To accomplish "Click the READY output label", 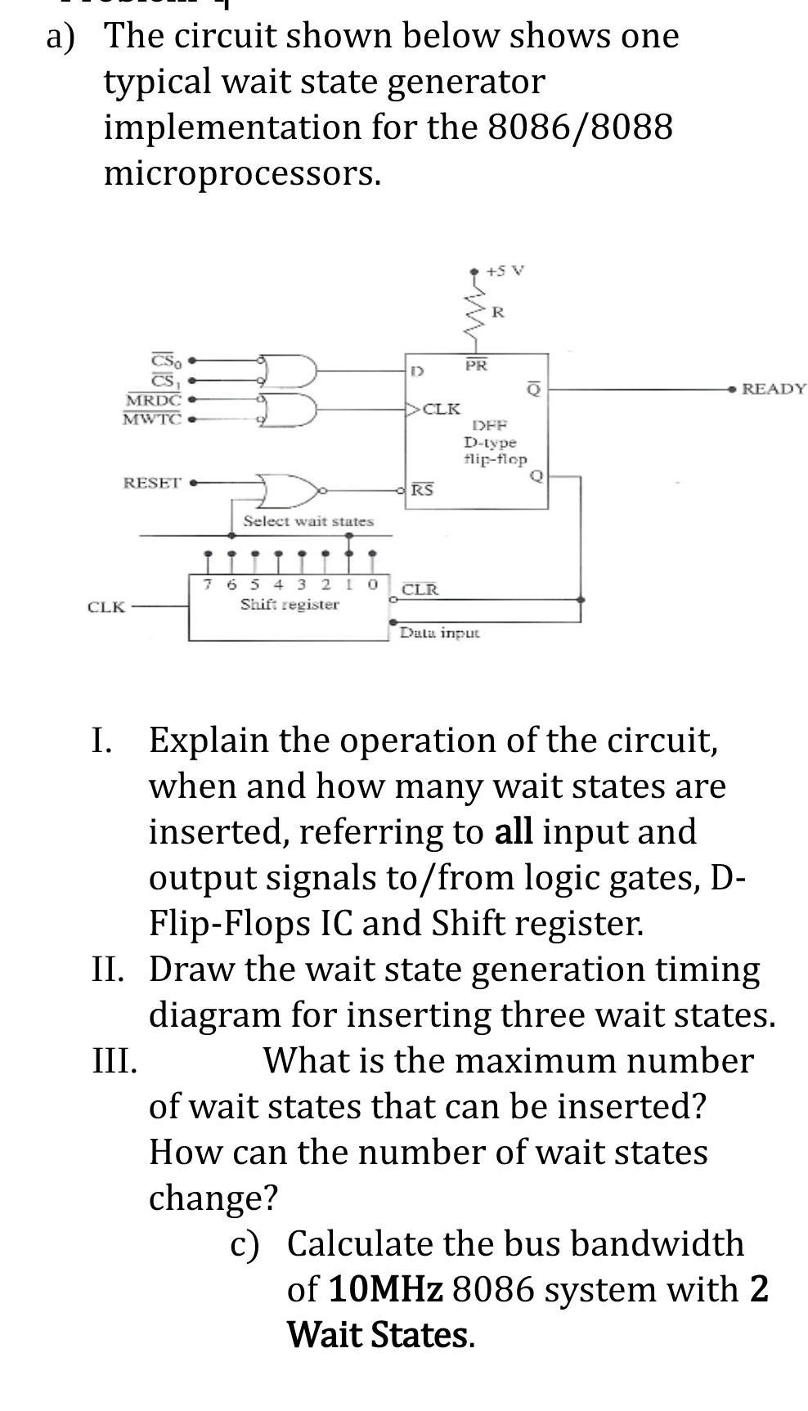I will pos(774,389).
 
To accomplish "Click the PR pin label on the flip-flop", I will pos(476,365).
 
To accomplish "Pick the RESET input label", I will pos(152,482).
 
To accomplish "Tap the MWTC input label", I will pos(152,419).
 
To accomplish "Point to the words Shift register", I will pos(290,605).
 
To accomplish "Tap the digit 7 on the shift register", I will pos(209,585).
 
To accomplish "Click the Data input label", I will pos(439,633).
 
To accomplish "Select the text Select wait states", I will pos(308,522).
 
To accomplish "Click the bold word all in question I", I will pos(514,831).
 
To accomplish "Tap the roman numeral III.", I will pos(114,1061).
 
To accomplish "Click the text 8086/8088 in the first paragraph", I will pos(580,128).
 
